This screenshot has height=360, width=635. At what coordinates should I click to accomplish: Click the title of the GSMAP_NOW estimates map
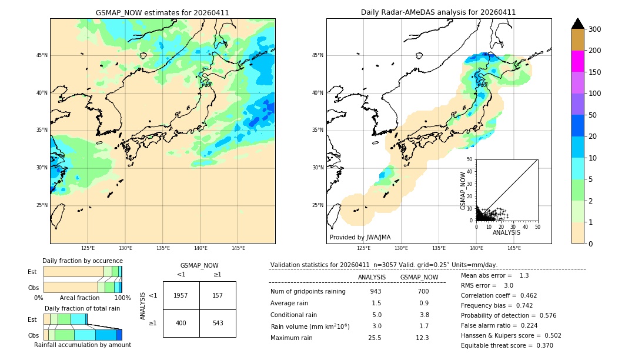tap(162, 12)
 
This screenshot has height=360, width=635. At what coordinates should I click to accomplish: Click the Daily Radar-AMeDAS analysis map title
tap(438, 12)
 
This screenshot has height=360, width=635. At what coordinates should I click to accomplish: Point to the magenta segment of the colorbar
tap(577, 61)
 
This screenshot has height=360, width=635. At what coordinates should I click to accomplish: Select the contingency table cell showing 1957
tap(181, 295)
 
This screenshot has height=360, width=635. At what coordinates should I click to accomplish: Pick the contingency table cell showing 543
tap(218, 323)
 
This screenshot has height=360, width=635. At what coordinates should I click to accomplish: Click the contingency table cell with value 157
tap(218, 295)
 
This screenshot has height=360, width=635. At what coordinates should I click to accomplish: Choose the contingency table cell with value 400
tap(181, 323)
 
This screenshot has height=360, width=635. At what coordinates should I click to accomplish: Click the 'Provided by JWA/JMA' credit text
tap(360, 238)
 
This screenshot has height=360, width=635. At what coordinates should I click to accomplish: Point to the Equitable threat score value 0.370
tap(541, 345)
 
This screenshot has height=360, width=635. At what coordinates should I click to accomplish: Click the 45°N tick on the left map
tap(42, 55)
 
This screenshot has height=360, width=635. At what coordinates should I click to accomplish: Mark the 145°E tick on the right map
tap(514, 249)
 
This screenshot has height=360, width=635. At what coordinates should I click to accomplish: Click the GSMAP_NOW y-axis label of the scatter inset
tap(463, 191)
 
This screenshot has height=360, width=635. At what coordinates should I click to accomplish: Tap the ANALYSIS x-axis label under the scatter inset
tap(506, 232)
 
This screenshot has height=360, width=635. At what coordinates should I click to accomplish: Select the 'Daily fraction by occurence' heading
tap(82, 261)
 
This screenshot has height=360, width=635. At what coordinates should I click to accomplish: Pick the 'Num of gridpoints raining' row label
tap(308, 291)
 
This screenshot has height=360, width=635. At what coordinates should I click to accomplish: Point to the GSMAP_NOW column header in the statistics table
tap(419, 277)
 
